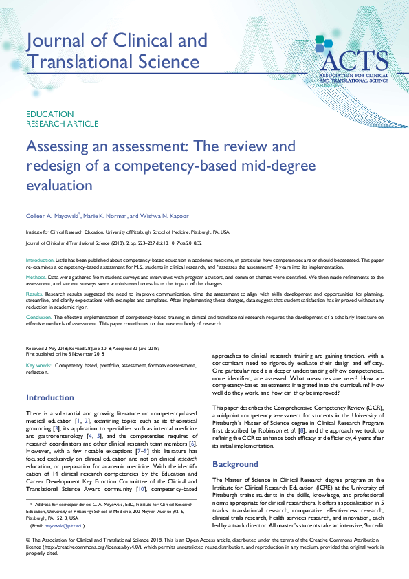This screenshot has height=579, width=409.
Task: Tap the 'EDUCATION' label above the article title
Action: click(x=49, y=114)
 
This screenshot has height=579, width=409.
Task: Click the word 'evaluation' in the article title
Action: click(x=58, y=186)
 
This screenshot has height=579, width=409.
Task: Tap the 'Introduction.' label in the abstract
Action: click(x=40, y=261)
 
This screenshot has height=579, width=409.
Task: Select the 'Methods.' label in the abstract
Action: click(x=36, y=276)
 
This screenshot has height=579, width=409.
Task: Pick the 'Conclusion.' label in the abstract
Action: click(x=39, y=317)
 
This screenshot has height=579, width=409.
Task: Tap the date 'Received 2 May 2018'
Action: click(x=47, y=349)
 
